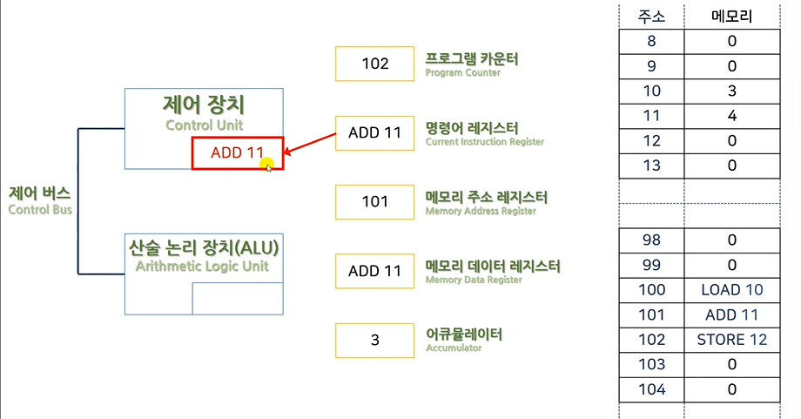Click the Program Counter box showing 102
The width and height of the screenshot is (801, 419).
tap(374, 64)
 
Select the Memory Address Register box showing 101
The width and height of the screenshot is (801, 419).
tap(374, 202)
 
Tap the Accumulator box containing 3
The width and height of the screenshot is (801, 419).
tap(374, 340)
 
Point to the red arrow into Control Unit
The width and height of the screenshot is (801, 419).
tap(309, 144)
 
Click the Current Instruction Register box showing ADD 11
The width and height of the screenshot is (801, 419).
tap(374, 133)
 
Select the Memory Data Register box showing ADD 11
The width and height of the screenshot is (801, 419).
tap(374, 271)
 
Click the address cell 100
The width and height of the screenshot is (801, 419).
tap(651, 290)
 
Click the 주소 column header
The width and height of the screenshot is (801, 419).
tap(651, 16)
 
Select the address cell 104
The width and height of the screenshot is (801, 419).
tap(651, 389)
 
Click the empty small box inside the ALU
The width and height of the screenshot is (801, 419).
tap(237, 298)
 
